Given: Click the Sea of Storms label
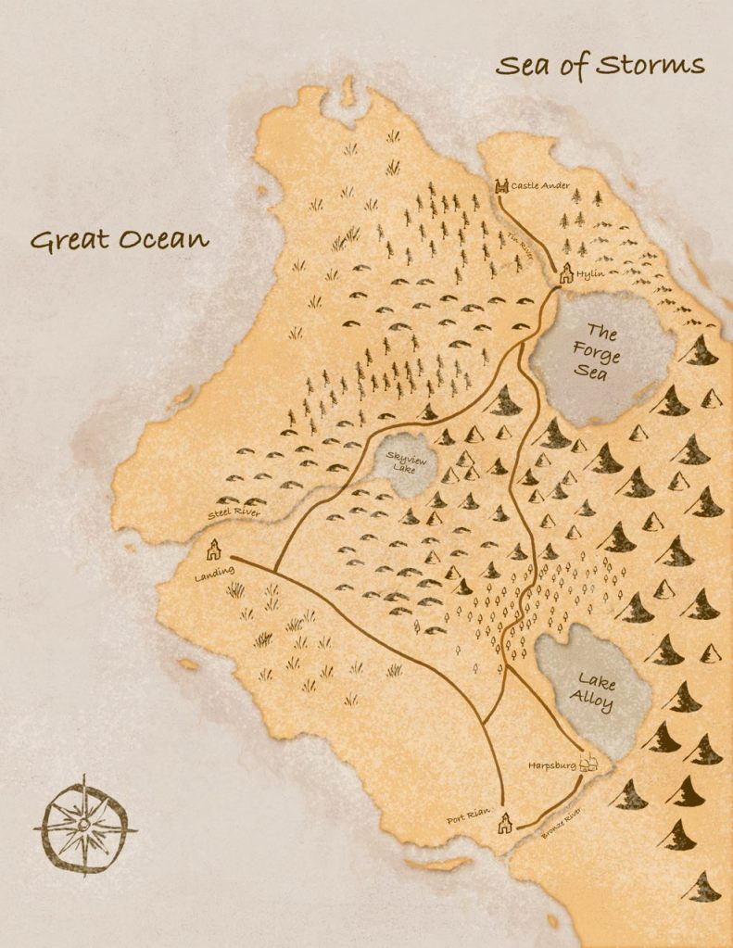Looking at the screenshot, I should pyautogui.click(x=600, y=66).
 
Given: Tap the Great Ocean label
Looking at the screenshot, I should pyautogui.click(x=120, y=239).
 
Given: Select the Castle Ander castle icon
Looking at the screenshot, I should pyautogui.click(x=502, y=186).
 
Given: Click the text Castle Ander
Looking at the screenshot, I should pyautogui.click(x=540, y=185).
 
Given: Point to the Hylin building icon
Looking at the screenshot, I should pyautogui.click(x=565, y=273).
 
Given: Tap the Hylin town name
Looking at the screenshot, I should pyautogui.click(x=589, y=275).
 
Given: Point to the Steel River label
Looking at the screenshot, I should pyautogui.click(x=234, y=512).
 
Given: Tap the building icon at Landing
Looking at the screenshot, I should pyautogui.click(x=214, y=550).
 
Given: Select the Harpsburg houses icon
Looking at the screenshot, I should pyautogui.click(x=588, y=764).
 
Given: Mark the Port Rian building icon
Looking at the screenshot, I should pyautogui.click(x=505, y=823).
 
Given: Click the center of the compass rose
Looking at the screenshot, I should pyautogui.click(x=84, y=824).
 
